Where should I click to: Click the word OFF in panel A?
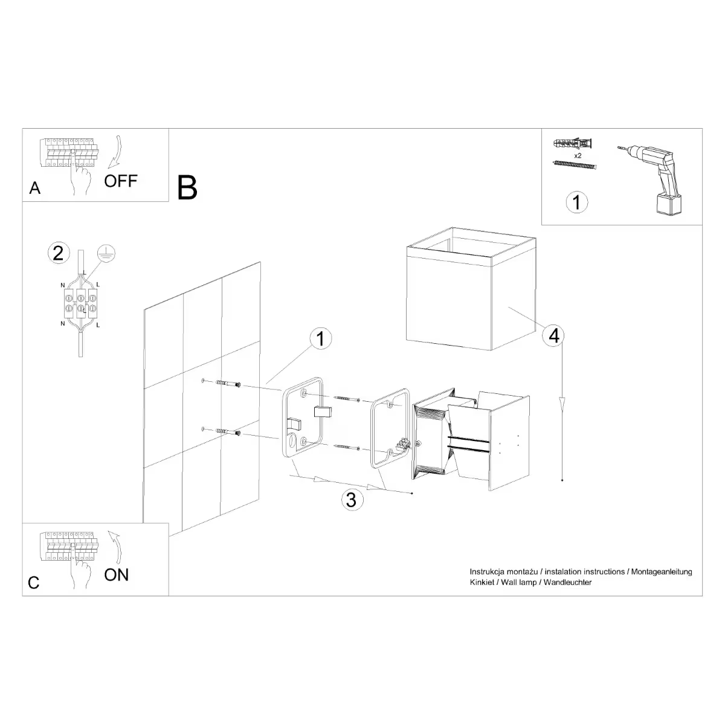[x=121, y=181]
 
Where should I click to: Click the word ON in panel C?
[x=117, y=575]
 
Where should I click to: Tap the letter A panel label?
[x=35, y=188]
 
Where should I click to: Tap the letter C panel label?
[x=34, y=582]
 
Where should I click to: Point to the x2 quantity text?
[x=577, y=155]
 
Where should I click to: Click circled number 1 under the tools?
[x=576, y=202]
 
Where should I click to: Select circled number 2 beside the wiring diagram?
[x=58, y=253]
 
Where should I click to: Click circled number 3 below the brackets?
[x=352, y=500]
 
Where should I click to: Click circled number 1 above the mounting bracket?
[x=320, y=339]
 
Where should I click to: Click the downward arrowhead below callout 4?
[x=562, y=402]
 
